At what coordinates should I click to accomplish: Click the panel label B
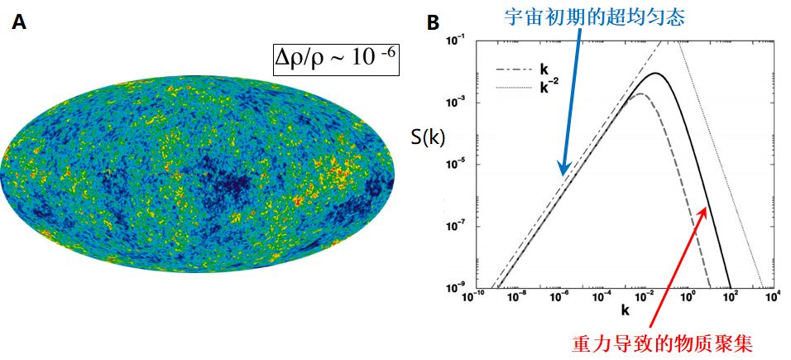coord(432,23)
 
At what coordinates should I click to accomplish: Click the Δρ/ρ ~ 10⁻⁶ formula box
coord(336,60)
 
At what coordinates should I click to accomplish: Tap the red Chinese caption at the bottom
coord(664,341)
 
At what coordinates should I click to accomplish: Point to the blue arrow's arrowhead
coord(561,173)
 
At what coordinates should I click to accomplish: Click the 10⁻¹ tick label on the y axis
coord(456,40)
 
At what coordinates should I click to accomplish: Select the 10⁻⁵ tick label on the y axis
coord(456,164)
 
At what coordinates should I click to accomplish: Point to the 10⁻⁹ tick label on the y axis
coord(456,288)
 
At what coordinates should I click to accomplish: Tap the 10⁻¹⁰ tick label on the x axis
coord(472,297)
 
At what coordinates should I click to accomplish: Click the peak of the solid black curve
coord(655,73)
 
